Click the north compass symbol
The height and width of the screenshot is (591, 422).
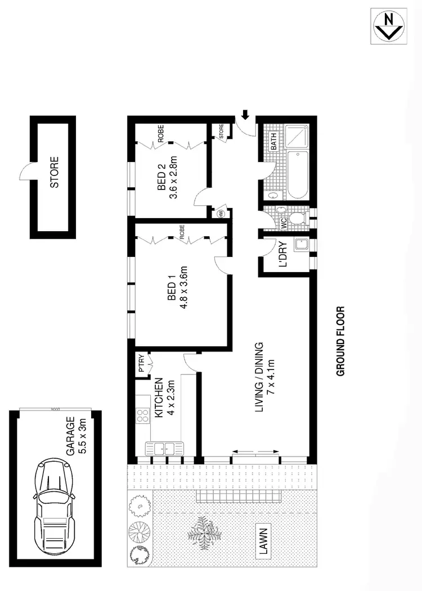coord(388,26)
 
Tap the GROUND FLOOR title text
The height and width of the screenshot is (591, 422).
coord(340,341)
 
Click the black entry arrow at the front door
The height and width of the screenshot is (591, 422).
coord(245,115)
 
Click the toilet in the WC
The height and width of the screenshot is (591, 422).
coord(295,218)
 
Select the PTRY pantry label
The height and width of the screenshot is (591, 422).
coord(141,366)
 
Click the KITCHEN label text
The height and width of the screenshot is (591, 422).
coord(159,397)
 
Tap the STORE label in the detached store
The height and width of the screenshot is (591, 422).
coord(55,175)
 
